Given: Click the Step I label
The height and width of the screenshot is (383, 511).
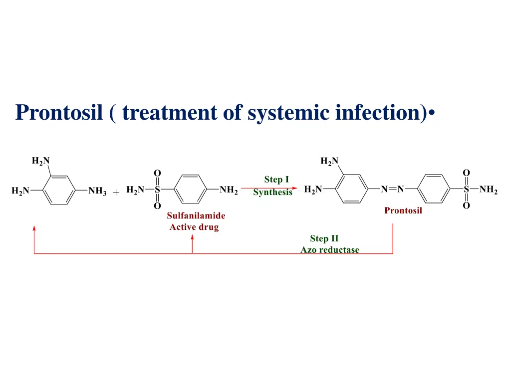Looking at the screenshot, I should [276, 180].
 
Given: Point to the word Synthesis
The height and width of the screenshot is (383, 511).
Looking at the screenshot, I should [272, 192].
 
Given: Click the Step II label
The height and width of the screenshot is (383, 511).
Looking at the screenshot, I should [324, 238].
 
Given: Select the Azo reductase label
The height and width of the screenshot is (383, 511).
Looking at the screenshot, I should [329, 250].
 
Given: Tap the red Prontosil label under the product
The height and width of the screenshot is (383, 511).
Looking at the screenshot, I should [403, 210].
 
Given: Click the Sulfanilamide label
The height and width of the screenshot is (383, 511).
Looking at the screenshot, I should [196, 216].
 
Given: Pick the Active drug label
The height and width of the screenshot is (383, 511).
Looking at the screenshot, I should [194, 227].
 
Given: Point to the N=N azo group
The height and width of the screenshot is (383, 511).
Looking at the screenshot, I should [392, 190].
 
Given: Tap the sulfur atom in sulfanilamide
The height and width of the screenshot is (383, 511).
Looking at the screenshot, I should [157, 190].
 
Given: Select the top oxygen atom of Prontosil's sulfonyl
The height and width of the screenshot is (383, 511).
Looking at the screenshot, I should [466, 173].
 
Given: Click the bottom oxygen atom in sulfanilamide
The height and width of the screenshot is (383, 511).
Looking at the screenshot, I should [157, 206].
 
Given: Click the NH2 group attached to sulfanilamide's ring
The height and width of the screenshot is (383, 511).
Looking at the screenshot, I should [229, 190].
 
